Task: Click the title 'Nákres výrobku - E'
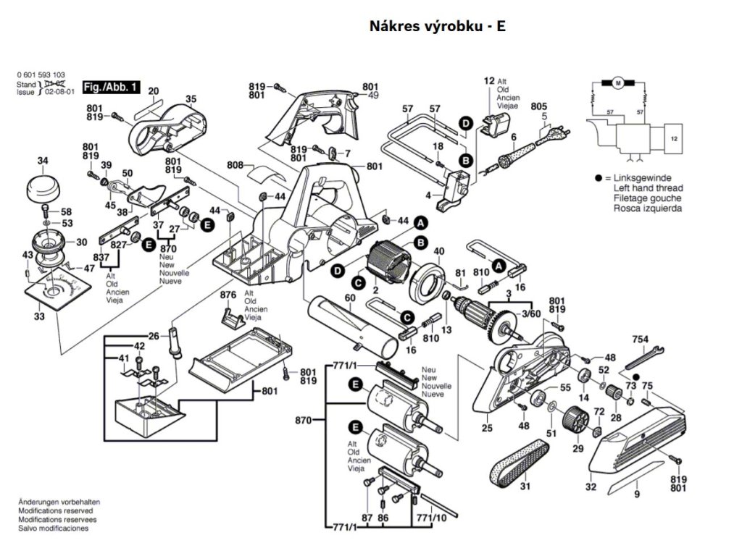coord(437,26)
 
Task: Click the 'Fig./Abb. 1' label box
coord(111,88)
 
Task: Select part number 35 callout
coord(191,99)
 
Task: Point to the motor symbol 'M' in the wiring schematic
coord(618,83)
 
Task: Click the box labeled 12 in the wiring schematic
coord(675,137)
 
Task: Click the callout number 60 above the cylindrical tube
coord(350,298)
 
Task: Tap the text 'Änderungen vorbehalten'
coord(59,502)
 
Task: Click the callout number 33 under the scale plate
coord(38,316)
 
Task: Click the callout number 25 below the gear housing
coord(487,429)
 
